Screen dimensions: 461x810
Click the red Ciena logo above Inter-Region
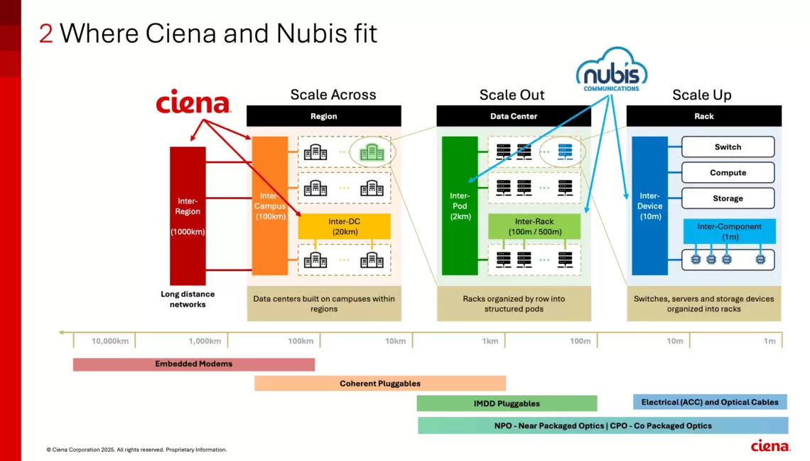pos(193,102)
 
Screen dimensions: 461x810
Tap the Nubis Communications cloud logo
pos(611,70)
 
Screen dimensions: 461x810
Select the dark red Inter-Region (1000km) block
pos(188,216)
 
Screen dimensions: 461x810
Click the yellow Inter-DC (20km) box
pos(345,226)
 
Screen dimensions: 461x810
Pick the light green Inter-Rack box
pos(534,226)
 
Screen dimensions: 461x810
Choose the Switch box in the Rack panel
pos(728,147)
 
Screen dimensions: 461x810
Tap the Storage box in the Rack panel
pos(728,198)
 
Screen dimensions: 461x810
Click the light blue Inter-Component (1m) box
pos(729,231)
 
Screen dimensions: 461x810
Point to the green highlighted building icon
pos(372,152)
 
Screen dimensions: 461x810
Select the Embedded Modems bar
pos(193,364)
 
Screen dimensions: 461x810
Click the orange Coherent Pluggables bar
pos(379,383)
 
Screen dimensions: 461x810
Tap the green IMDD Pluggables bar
pos(506,403)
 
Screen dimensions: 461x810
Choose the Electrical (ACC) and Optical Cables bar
pos(709,402)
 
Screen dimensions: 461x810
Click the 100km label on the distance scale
pos(301,341)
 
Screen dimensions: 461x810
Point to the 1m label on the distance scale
pos(769,341)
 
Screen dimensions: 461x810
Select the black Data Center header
pos(513,116)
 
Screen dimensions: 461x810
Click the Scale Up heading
pos(701,95)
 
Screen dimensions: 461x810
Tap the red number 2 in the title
pos(46,33)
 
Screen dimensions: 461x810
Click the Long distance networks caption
pos(188,299)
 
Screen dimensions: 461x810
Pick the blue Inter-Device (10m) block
pos(650,206)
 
